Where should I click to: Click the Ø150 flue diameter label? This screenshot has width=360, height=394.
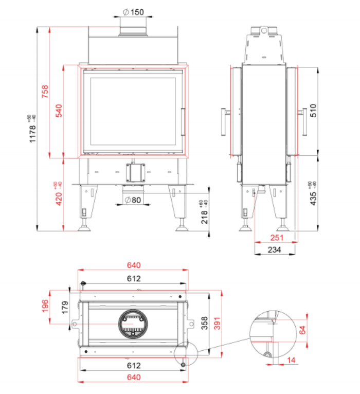click(133, 12)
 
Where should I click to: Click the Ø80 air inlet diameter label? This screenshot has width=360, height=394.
click(133, 200)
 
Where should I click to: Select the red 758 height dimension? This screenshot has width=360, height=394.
click(45, 92)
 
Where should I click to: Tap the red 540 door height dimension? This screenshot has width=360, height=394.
click(59, 111)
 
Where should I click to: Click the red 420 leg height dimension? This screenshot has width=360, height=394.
click(58, 193)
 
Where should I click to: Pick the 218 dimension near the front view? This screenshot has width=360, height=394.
click(204, 212)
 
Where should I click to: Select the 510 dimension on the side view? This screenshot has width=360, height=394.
click(313, 111)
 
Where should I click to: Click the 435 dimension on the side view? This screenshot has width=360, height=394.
click(313, 193)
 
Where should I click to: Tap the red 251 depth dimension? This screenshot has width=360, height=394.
click(277, 238)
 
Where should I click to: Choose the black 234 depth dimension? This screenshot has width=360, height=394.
click(274, 250)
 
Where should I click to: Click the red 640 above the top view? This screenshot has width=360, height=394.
click(134, 265)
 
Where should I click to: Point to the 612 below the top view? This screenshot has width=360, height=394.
click(134, 365)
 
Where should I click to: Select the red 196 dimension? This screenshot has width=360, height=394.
click(45, 306)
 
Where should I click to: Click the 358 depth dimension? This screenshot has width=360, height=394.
click(205, 323)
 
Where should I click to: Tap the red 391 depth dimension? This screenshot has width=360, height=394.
click(217, 323)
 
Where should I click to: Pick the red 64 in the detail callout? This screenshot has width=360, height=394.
click(302, 330)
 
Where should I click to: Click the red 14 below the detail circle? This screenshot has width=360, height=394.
click(291, 360)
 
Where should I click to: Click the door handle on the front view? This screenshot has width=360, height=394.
click(183, 122)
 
